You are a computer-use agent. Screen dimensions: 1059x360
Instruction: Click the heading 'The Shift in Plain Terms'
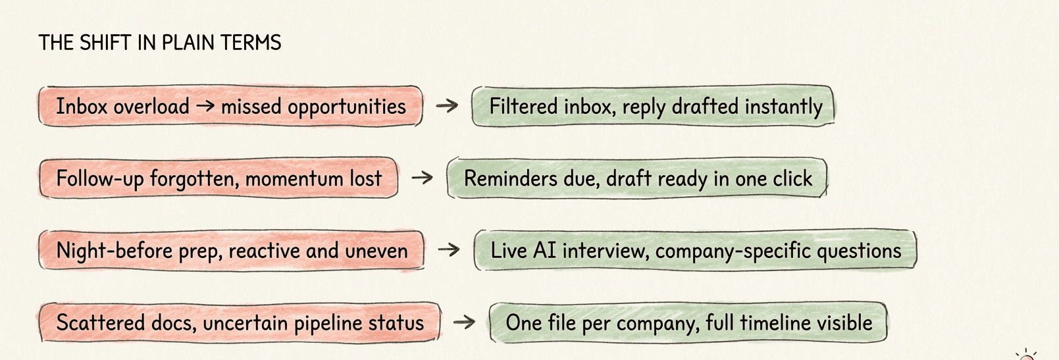coord(160,43)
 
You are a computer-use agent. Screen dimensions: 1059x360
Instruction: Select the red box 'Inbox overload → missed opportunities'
coord(230,106)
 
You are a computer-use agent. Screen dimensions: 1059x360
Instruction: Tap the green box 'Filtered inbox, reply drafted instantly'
coord(654,106)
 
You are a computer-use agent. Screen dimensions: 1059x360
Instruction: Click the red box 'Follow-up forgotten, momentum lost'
coord(219,178)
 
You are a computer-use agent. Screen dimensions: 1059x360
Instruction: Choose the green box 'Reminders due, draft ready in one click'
coord(637,178)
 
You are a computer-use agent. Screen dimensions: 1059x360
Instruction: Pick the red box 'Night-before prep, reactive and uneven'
coord(231,250)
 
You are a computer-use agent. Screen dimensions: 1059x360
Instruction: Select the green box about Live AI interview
coord(695,250)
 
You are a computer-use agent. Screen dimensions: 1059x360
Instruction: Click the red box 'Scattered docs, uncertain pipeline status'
coord(240,322)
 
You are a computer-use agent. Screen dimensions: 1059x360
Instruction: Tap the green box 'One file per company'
coord(688,322)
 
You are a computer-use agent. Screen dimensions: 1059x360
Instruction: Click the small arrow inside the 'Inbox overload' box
coord(205,105)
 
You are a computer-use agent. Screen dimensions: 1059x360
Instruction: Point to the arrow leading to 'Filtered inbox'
coord(447,105)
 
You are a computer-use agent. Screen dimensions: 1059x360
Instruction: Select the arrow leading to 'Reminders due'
coord(422,178)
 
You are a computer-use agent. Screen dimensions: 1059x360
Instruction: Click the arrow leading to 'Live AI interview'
coord(449,249)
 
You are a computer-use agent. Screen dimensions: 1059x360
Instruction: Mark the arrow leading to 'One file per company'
coord(464,322)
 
